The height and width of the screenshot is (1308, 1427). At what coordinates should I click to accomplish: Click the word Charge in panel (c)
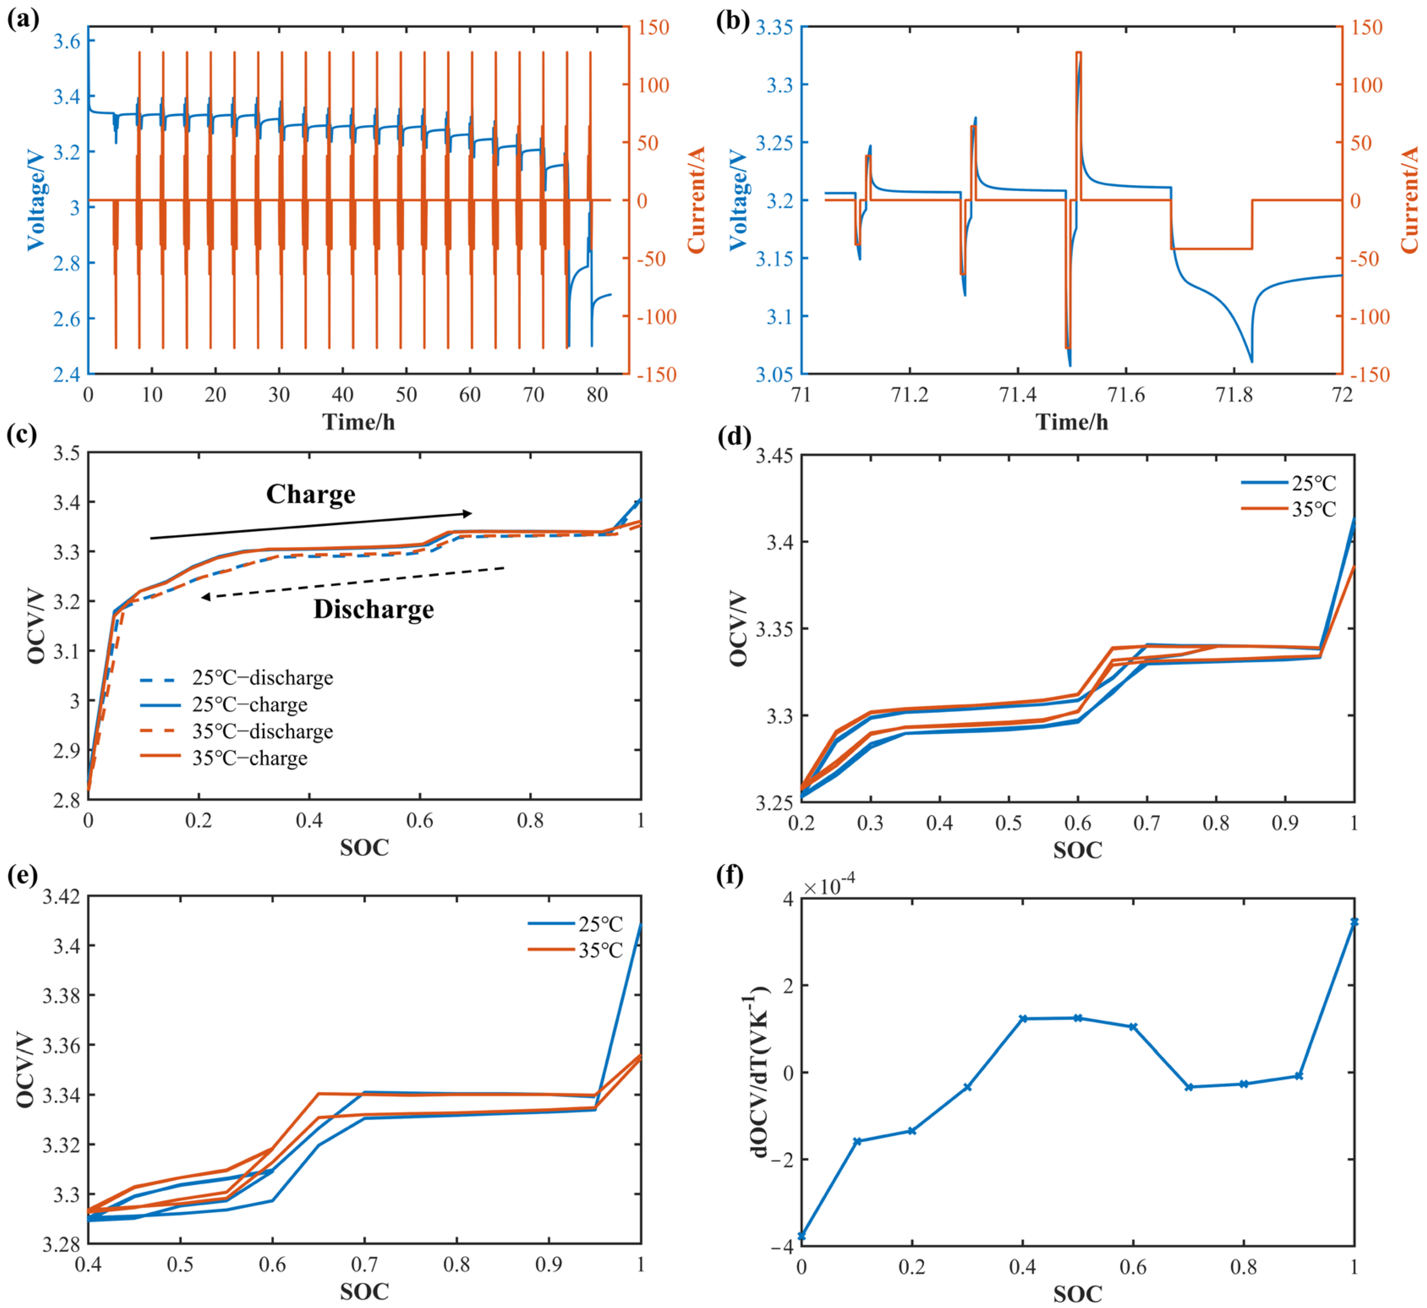pyautogui.click(x=311, y=494)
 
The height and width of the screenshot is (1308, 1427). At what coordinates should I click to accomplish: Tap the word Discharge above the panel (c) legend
pyautogui.click(x=374, y=609)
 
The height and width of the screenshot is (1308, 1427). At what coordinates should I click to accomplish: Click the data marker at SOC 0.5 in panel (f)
pyautogui.click(x=1078, y=1018)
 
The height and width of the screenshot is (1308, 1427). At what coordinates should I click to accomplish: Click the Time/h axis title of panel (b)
pyautogui.click(x=1072, y=422)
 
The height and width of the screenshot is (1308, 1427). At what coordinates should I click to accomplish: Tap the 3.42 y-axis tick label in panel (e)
pyautogui.click(x=62, y=897)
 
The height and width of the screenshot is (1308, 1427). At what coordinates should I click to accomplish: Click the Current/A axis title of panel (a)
pyautogui.click(x=696, y=200)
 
